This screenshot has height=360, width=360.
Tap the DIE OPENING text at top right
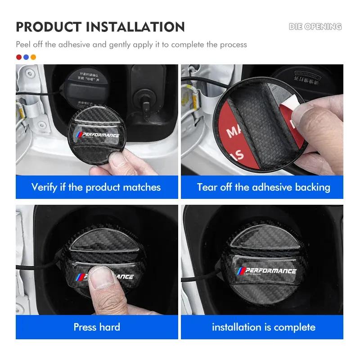315,27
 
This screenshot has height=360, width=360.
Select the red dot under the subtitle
19,57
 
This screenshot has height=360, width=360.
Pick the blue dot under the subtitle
26,57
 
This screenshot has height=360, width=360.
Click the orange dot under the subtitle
33,57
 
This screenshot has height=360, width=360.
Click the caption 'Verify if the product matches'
96,187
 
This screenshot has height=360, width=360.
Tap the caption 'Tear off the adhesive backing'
263,187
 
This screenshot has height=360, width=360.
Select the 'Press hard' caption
97,327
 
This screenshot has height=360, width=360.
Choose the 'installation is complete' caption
263,327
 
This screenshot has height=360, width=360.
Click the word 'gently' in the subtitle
124,45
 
